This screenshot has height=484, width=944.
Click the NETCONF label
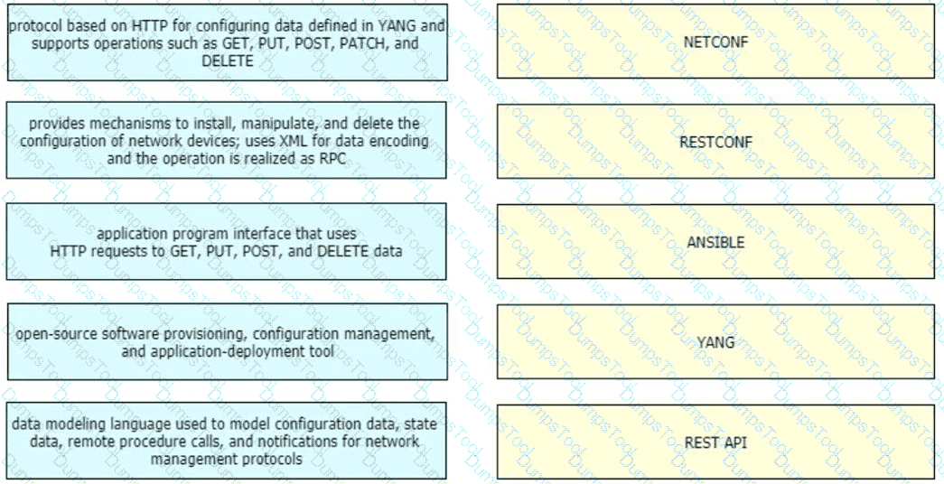point(715,42)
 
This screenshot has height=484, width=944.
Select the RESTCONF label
point(715,142)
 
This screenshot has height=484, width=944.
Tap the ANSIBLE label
point(715,242)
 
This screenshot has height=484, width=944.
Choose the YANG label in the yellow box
point(715,342)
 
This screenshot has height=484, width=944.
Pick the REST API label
point(715,442)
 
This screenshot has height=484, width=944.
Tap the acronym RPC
point(332,159)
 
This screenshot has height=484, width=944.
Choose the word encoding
point(399,142)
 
